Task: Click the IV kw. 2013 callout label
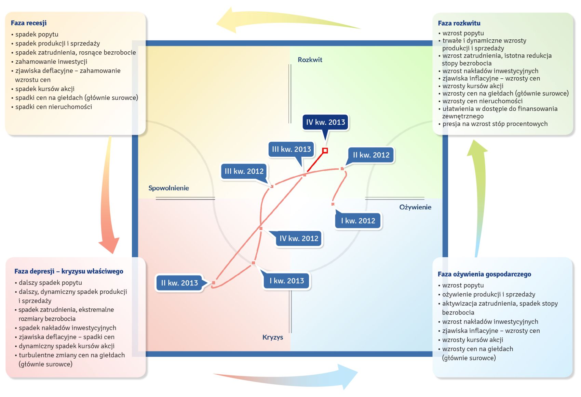[x=325, y=122]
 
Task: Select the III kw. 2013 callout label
[x=291, y=149]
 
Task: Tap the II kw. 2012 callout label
[x=371, y=155]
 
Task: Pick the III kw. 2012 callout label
[x=244, y=171]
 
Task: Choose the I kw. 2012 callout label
[x=358, y=221]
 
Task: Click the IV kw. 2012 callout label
[x=299, y=239]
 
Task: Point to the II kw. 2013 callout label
[x=179, y=283]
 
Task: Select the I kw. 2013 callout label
[x=286, y=281]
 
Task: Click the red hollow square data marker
[x=325, y=150]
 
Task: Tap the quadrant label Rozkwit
[x=310, y=60]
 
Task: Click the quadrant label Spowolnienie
[x=168, y=188]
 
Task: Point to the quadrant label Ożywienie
[x=415, y=207]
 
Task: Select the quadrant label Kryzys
[x=272, y=337]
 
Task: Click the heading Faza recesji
[x=29, y=23]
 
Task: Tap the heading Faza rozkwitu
[x=459, y=23]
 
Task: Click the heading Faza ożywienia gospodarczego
[x=484, y=274]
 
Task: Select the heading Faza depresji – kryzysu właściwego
[x=69, y=271]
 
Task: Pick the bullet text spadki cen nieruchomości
[x=54, y=107]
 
